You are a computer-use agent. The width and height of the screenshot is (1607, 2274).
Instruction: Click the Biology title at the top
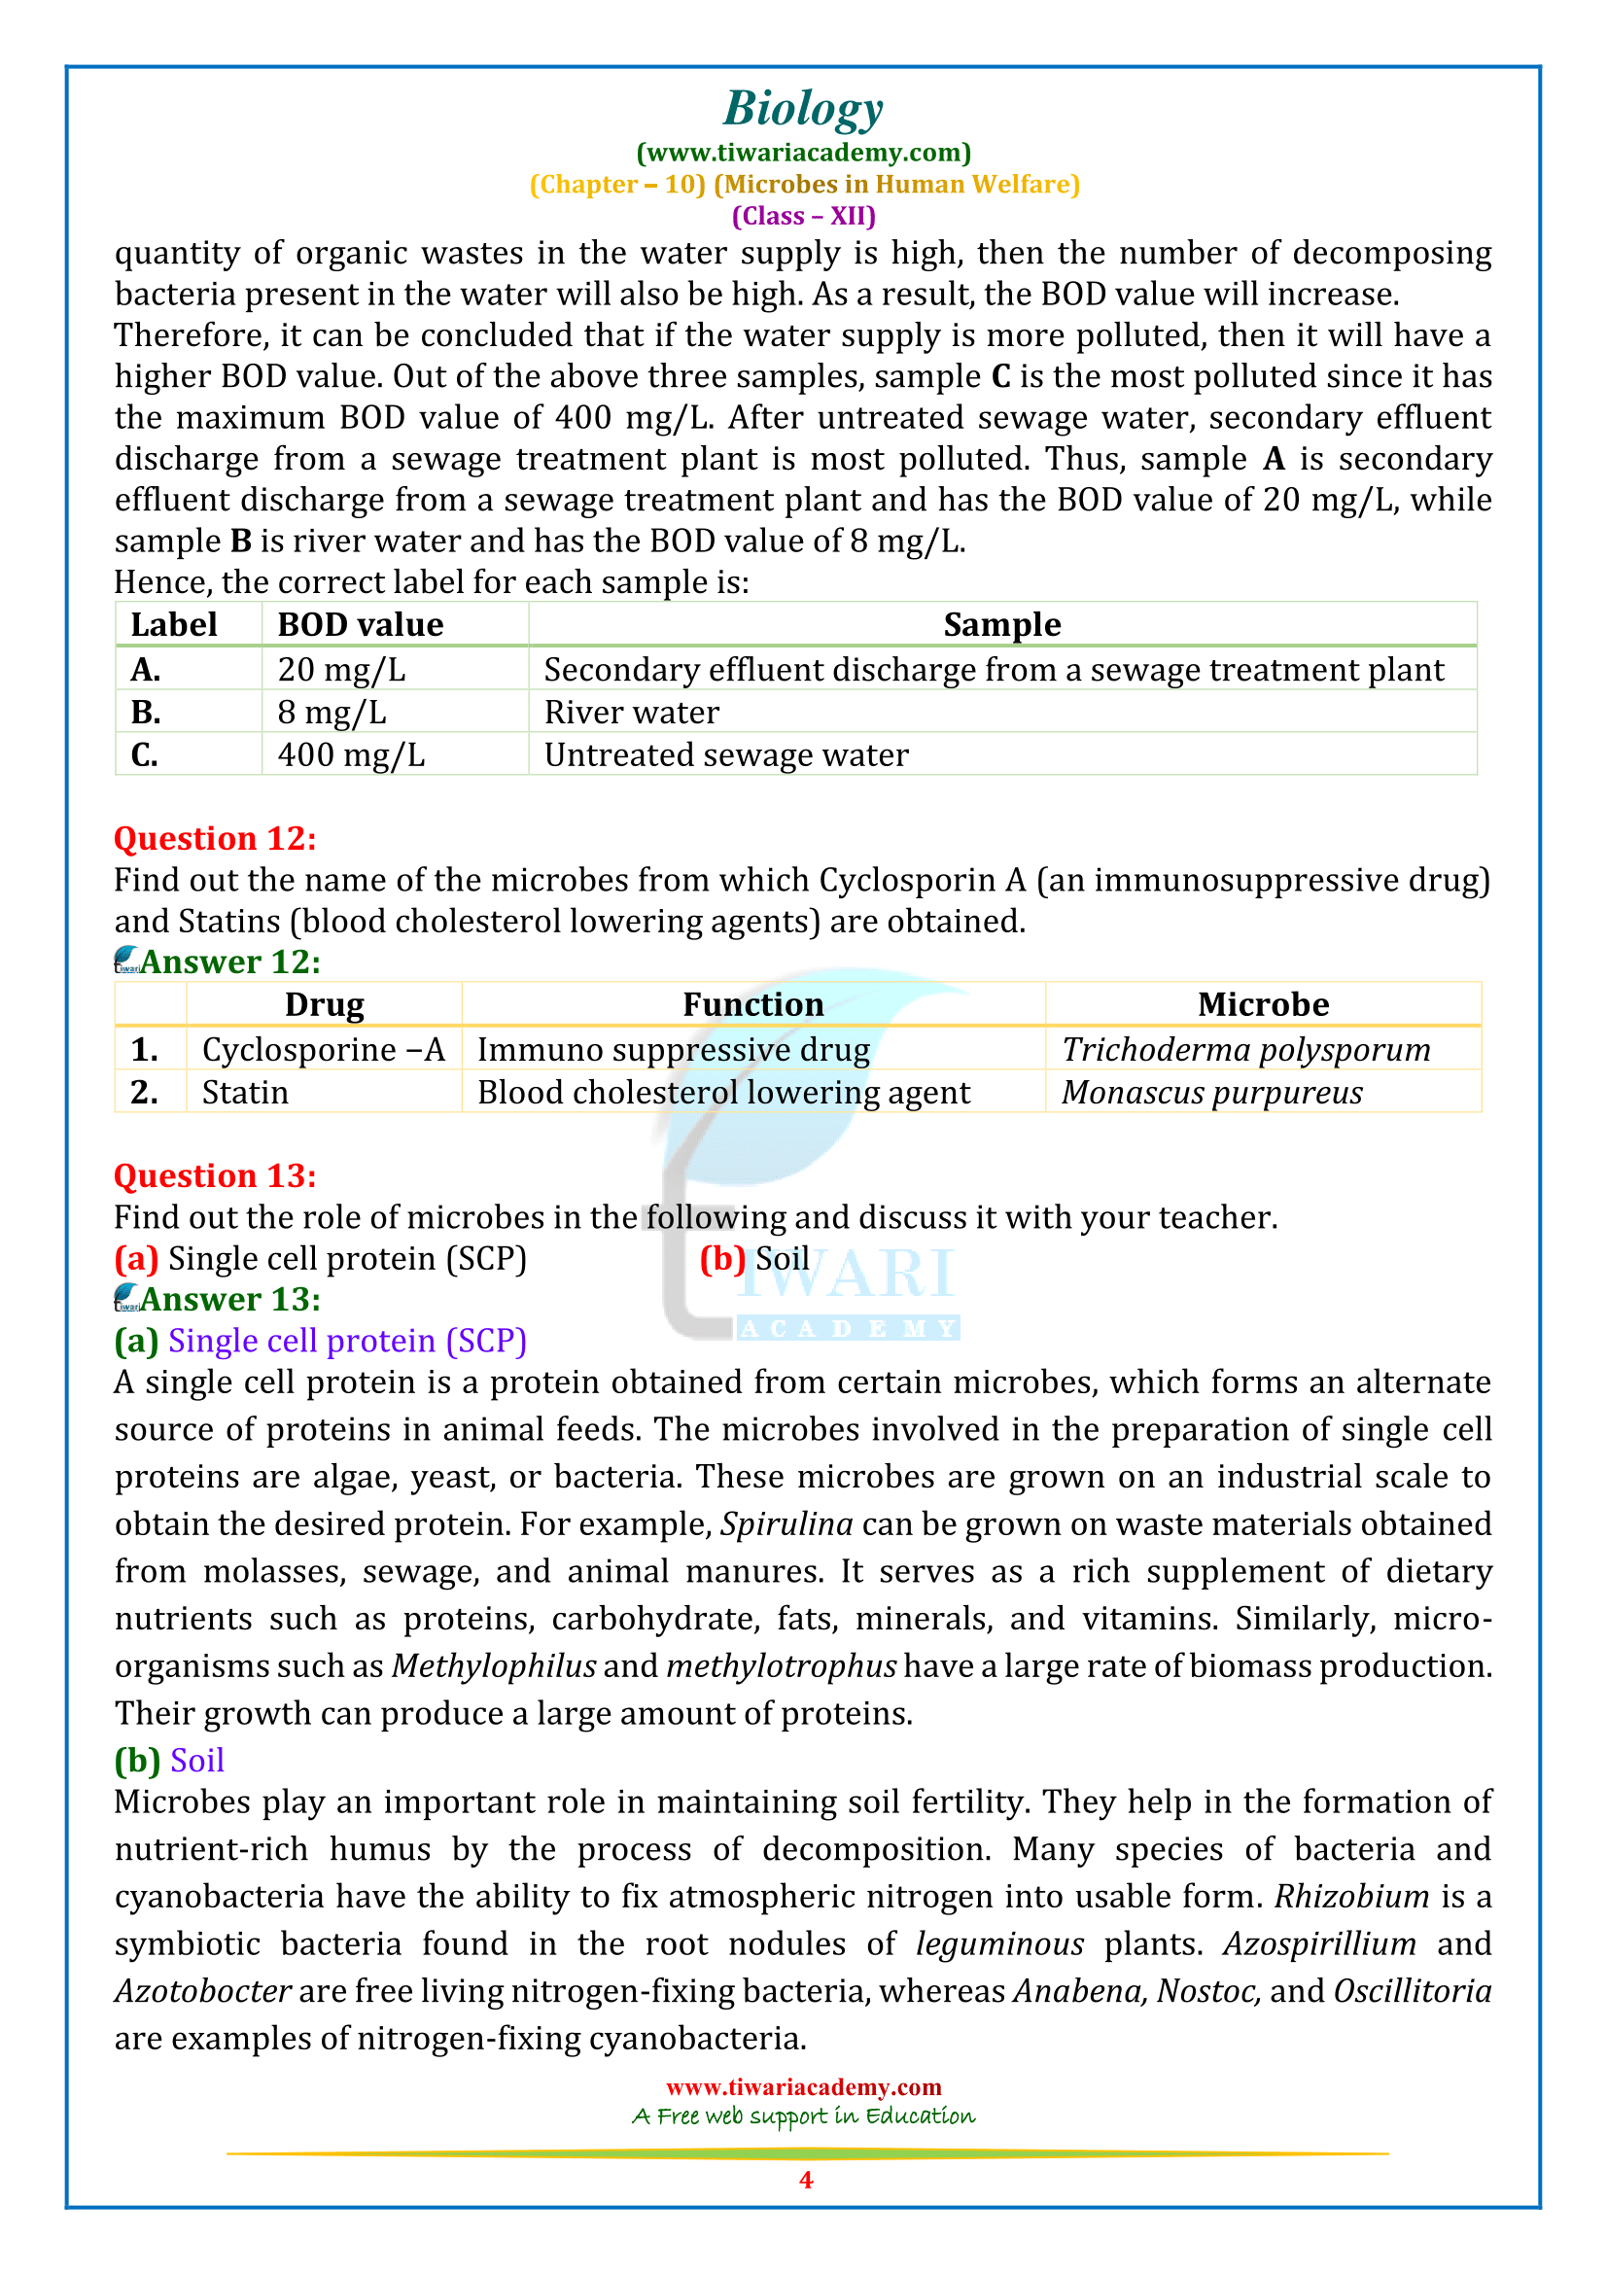tap(803, 108)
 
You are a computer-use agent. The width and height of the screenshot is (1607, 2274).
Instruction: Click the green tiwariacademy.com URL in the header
tap(803, 153)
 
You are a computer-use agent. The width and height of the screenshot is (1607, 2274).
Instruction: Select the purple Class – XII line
tap(803, 216)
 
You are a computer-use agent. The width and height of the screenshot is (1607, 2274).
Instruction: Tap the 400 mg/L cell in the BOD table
tap(351, 754)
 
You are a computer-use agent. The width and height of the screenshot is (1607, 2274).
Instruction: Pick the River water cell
tap(632, 712)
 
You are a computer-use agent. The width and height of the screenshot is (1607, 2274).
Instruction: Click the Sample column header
tap(1001, 625)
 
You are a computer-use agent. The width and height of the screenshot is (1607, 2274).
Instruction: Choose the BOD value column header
tap(361, 625)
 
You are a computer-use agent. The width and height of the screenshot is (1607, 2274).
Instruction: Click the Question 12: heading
tap(215, 838)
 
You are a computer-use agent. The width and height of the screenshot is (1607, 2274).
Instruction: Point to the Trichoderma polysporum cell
tap(1245, 1050)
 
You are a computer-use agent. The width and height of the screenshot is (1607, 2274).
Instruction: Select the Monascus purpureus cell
tap(1212, 1093)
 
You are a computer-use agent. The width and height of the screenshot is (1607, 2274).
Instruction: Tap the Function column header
tap(752, 1004)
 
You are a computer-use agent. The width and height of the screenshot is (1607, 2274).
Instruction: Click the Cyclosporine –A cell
tap(323, 1050)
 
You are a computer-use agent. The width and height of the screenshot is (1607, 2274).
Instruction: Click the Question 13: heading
tap(215, 1175)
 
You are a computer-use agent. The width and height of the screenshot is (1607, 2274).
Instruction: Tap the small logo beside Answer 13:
tap(126, 1297)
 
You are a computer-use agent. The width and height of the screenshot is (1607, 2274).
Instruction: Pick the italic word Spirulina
tap(786, 1523)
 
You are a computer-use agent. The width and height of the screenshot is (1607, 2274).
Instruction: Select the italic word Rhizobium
tap(1350, 1896)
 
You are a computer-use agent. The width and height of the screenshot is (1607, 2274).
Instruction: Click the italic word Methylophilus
tap(494, 1666)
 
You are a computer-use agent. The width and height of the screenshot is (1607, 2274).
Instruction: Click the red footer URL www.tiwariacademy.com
tap(803, 2086)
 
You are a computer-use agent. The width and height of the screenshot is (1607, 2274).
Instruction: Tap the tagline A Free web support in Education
tap(803, 2117)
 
